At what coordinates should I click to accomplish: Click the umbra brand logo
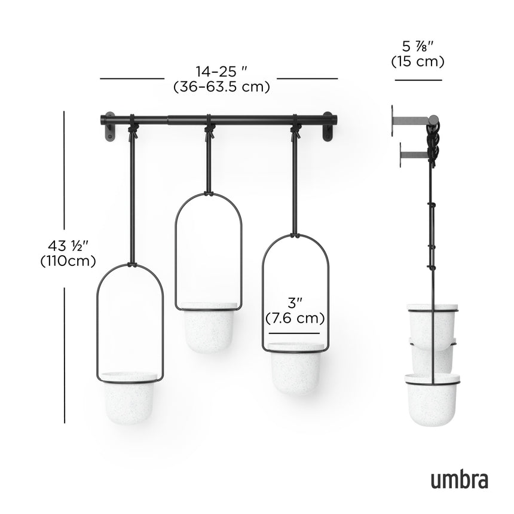coord(458,479)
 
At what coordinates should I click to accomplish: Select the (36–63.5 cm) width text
coord(221,87)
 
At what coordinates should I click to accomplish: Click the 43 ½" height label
coord(68,246)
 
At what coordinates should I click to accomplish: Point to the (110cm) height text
coord(68,261)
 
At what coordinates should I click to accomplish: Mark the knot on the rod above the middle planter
coord(209,127)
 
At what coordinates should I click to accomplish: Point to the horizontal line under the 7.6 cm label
coord(293,333)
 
